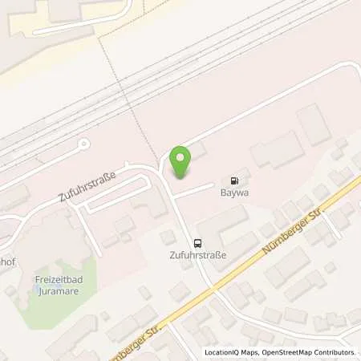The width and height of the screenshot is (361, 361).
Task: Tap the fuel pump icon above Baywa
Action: (x=235, y=180)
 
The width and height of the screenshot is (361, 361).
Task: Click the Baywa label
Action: (x=233, y=193)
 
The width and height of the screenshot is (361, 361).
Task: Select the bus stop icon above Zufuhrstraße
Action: (x=197, y=244)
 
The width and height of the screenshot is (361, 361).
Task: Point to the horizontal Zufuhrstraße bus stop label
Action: (x=197, y=256)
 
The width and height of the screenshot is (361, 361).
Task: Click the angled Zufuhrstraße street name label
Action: (x=88, y=185)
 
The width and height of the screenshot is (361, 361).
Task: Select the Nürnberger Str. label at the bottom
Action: (x=128, y=339)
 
